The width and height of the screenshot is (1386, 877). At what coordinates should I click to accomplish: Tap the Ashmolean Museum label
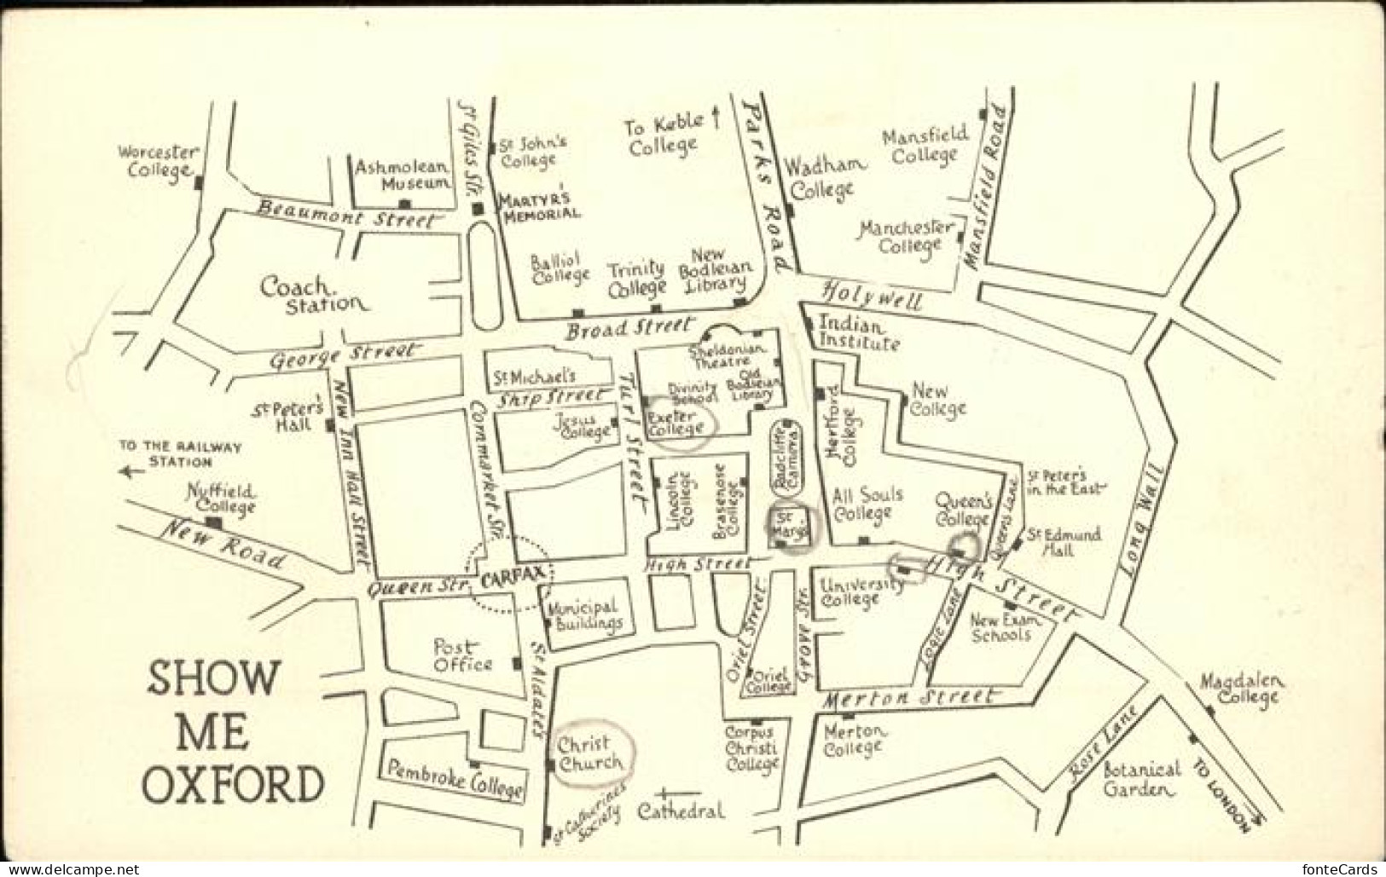point(402,174)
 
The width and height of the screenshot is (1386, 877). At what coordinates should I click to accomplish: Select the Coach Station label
point(314,294)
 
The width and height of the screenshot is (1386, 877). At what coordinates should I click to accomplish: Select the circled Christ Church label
point(590,753)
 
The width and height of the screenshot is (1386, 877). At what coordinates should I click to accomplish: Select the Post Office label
point(462,655)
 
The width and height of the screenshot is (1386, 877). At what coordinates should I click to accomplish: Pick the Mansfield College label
point(925,144)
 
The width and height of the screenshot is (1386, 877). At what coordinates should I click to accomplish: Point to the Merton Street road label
point(909,699)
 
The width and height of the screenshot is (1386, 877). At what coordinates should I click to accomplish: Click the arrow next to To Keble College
point(716,119)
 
